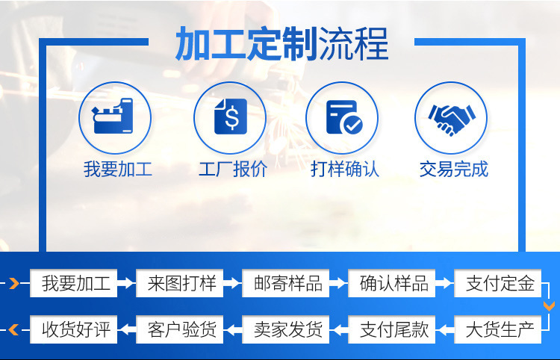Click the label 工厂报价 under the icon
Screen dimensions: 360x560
232,169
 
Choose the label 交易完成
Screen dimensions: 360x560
454,169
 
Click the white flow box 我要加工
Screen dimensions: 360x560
75,284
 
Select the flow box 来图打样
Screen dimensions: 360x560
181,284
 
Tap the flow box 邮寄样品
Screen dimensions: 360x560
287,284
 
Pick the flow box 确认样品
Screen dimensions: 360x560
393,284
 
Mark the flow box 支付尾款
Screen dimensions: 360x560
393,329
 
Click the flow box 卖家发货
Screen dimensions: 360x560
287,329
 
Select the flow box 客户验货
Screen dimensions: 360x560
181,329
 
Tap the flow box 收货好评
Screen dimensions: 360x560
75,329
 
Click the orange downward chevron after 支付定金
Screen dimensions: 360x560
549,305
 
